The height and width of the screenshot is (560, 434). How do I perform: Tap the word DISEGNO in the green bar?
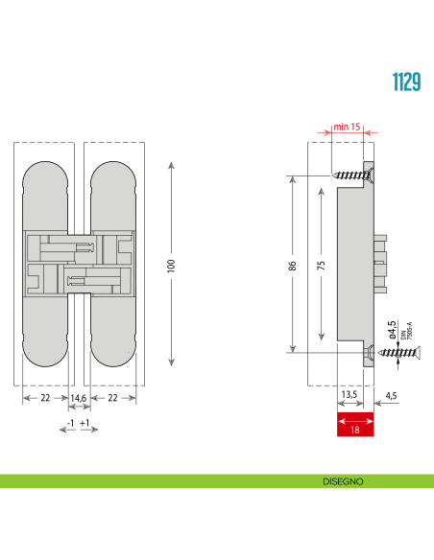click(x=342, y=480)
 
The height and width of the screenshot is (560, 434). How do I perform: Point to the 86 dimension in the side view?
click(x=292, y=266)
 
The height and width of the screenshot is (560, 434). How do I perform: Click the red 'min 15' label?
click(x=347, y=126)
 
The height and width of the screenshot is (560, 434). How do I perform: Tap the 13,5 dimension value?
click(x=350, y=394)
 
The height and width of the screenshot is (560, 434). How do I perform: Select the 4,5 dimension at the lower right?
click(x=392, y=394)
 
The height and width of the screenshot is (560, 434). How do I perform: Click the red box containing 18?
click(x=354, y=427)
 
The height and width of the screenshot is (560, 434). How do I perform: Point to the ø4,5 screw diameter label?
click(x=393, y=330)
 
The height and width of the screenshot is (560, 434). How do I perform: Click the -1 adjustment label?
click(x=71, y=423)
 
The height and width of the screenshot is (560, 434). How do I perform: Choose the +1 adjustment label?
click(x=84, y=423)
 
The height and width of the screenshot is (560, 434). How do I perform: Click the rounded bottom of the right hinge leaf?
click(x=113, y=345)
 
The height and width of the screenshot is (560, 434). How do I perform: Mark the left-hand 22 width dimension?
click(x=45, y=398)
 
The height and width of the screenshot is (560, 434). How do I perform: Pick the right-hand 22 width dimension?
click(x=113, y=398)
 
